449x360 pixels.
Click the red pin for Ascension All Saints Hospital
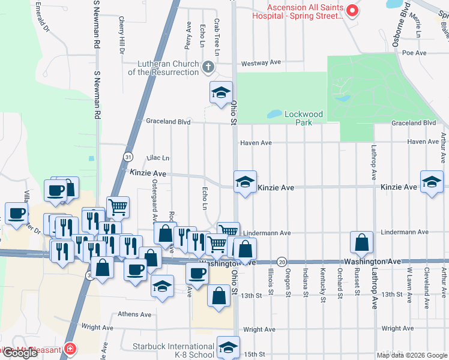pos(352,10)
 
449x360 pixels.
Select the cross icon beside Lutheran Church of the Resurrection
pos(208,67)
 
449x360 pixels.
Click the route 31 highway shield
pos(128,157)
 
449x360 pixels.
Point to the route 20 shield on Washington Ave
pos(282,262)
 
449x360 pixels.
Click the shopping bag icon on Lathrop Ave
pos(361,242)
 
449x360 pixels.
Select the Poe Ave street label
pos(414,53)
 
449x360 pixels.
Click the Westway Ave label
pos(261,62)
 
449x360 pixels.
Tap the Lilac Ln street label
pos(157,158)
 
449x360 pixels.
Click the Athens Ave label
pos(134,314)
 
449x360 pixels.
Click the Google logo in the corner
pos(19,353)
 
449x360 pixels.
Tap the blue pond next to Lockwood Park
pos(274,113)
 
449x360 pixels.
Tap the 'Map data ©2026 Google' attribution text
pos(412,355)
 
